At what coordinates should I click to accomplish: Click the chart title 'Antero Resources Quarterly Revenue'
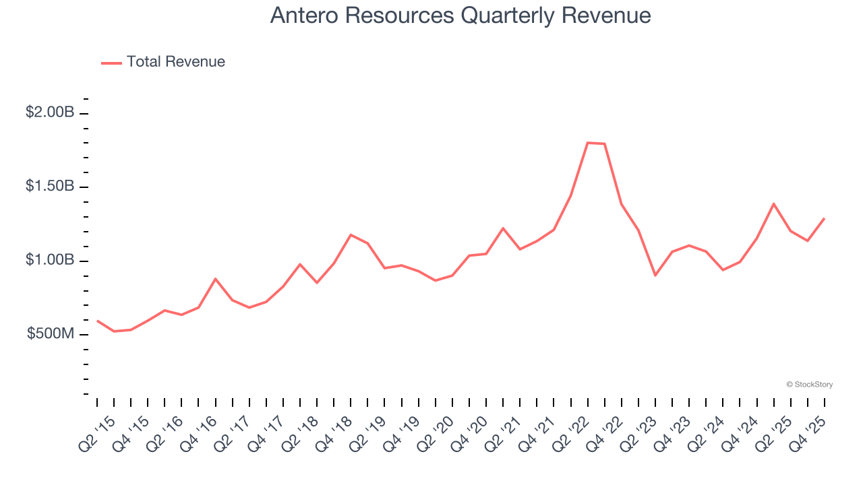click(460, 15)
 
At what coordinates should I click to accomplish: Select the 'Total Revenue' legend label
click(175, 62)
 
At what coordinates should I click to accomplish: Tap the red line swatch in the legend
click(111, 63)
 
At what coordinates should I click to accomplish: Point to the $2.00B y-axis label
click(50, 112)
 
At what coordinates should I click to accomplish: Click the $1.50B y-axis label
click(50, 187)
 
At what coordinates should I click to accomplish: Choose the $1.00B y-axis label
click(50, 261)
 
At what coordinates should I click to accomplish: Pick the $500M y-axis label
click(51, 335)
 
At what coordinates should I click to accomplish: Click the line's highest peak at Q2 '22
click(588, 143)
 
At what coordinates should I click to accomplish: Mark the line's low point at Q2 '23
click(655, 275)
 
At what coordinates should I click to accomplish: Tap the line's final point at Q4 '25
click(824, 218)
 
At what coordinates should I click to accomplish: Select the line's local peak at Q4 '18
click(351, 234)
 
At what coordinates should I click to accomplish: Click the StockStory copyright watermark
click(809, 385)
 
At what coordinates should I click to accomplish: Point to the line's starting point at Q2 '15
click(97, 321)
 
